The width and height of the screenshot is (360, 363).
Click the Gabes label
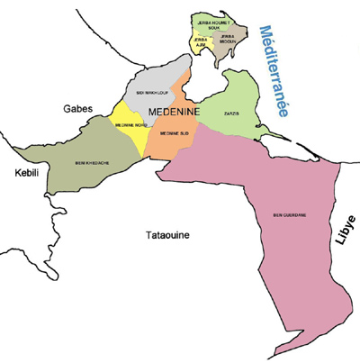tap(76, 108)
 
